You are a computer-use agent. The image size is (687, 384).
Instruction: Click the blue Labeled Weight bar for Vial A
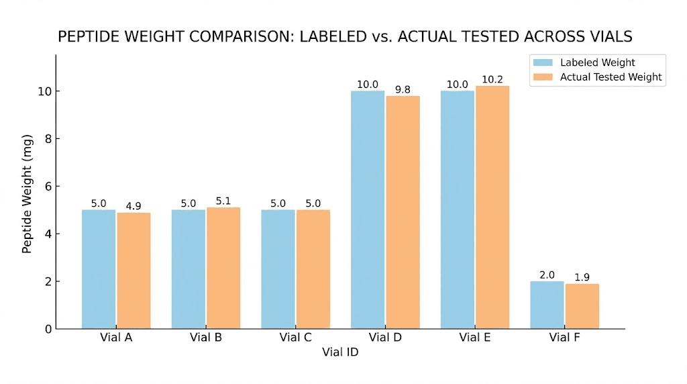pyautogui.click(x=99, y=269)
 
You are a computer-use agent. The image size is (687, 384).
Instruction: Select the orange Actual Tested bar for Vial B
pyautogui.click(x=223, y=268)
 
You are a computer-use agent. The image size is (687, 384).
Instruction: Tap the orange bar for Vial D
pyautogui.click(x=403, y=212)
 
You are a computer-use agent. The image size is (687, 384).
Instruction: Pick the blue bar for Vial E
pyautogui.click(x=458, y=210)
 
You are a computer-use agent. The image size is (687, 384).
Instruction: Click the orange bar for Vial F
pyautogui.click(x=582, y=306)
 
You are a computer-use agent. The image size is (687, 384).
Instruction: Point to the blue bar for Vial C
pyautogui.click(x=278, y=269)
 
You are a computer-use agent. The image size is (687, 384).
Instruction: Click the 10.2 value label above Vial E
pyautogui.click(x=492, y=79)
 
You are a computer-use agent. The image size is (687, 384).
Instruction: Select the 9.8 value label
pyautogui.click(x=403, y=89)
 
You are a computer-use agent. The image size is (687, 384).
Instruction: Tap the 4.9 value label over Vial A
pyautogui.click(x=134, y=206)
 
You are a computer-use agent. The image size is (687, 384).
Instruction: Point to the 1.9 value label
pyautogui.click(x=582, y=277)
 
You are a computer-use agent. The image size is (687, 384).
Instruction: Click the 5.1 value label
pyautogui.click(x=223, y=201)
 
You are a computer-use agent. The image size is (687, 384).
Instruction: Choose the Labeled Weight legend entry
pyautogui.click(x=584, y=62)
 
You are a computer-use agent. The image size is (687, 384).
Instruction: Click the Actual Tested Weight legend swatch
pyautogui.click(x=543, y=77)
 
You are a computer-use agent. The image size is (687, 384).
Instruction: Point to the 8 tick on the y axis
pyautogui.click(x=48, y=139)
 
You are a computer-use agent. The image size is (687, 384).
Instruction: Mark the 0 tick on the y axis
pyautogui.click(x=48, y=329)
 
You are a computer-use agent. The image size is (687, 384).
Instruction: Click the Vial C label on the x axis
pyautogui.click(x=296, y=338)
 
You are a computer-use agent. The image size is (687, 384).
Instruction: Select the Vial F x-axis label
pyautogui.click(x=564, y=338)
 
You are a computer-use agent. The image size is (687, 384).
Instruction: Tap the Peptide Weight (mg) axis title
pyautogui.click(x=27, y=194)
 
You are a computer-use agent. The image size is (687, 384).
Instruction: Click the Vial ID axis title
pyautogui.click(x=340, y=352)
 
